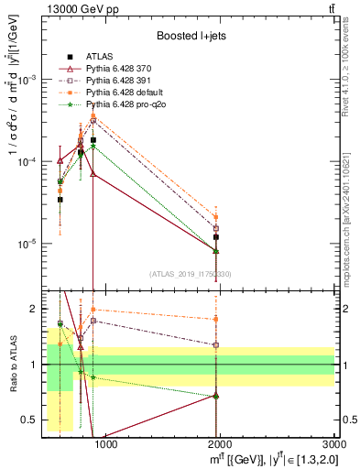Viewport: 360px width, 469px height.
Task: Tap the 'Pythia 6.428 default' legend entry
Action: (x=128, y=93)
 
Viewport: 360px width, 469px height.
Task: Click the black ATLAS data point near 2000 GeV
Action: (x=216, y=237)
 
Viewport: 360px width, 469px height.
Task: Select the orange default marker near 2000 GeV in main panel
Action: (x=216, y=217)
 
